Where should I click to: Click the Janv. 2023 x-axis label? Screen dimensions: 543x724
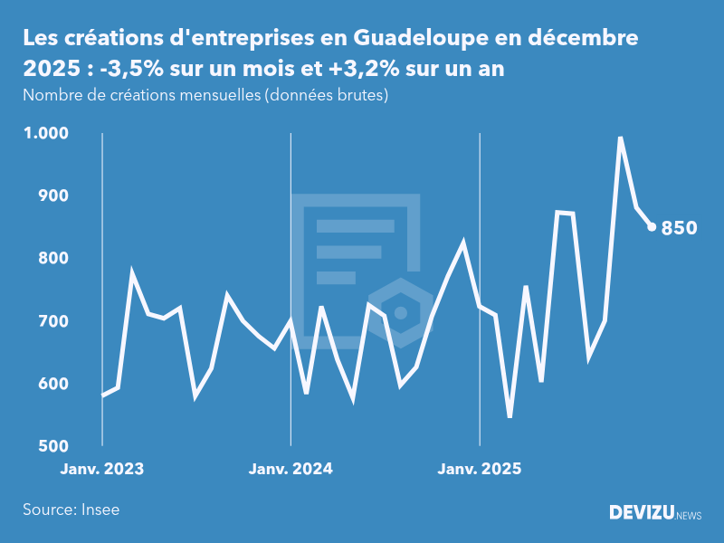[x=102, y=469]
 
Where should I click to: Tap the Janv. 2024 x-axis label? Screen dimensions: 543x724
[x=291, y=469]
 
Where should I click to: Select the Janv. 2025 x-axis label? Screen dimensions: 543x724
[x=480, y=469]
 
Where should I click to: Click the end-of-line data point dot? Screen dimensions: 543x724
[x=652, y=227]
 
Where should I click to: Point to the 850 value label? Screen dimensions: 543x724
[x=679, y=228]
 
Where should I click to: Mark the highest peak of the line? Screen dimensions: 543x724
[x=620, y=138]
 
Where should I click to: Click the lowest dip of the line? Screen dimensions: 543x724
[x=510, y=416]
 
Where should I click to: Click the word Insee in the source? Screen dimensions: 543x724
[x=100, y=510]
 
